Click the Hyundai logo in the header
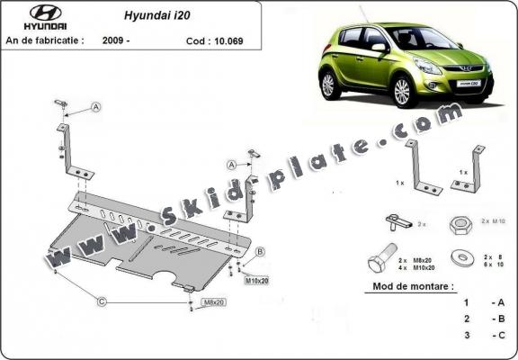[33, 16]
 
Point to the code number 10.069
[229, 40]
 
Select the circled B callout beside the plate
[259, 251]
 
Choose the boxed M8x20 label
[213, 301]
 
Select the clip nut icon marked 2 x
[397, 221]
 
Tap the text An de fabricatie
[45, 40]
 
